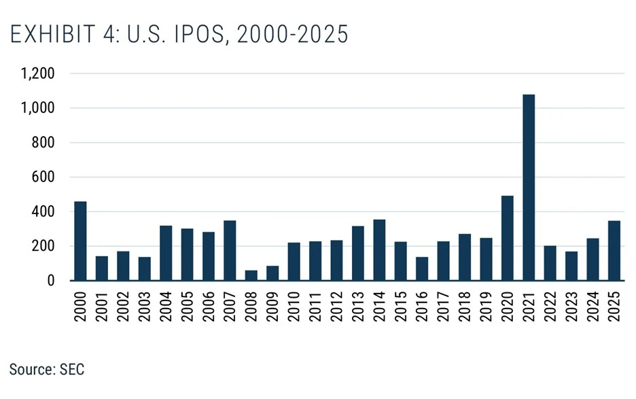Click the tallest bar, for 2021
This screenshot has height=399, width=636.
pyautogui.click(x=528, y=187)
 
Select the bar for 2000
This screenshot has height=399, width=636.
pyautogui.click(x=80, y=241)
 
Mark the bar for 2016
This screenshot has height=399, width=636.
pyautogui.click(x=422, y=268)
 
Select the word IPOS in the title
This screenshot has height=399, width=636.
pyautogui.click(x=198, y=34)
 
